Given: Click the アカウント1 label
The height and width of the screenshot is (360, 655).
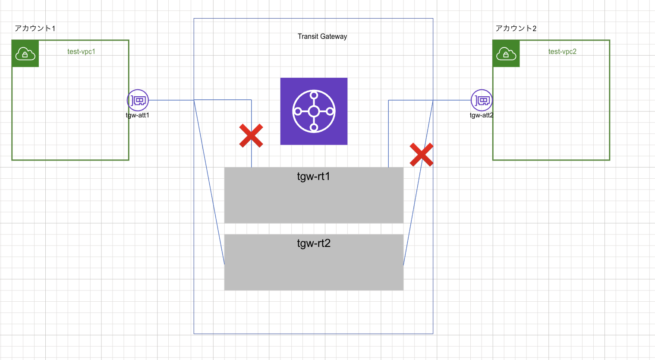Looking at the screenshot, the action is coord(35,28).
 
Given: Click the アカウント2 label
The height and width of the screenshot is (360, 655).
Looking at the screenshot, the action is coord(516,28).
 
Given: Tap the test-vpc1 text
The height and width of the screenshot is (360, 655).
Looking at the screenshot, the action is coord(81,51).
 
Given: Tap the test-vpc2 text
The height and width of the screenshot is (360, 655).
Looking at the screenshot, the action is coord(562,51).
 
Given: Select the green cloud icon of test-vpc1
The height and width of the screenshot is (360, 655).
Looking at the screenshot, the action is coord(25,54).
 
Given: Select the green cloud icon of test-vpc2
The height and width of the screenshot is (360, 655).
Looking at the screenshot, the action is coord(506,54).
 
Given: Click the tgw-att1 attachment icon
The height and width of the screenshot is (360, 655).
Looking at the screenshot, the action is coord(138,100).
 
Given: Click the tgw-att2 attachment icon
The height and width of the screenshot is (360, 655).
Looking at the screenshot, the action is coord(482,100).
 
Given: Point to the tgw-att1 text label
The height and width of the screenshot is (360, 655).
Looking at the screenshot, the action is coord(138,115).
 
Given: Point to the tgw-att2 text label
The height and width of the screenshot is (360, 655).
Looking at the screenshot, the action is coord(482,115).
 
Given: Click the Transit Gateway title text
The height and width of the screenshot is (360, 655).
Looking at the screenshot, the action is coord(322,37).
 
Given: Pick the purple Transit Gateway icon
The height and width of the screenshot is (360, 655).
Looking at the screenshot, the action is coord(314,111).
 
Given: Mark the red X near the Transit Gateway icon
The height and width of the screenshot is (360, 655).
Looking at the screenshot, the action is coord(251,136).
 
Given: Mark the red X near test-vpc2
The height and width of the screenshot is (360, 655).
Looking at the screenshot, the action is coord(422,155).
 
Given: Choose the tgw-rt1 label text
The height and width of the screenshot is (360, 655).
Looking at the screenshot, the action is coord(313,177).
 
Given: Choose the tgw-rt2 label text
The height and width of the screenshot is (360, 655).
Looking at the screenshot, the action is coord(314,243).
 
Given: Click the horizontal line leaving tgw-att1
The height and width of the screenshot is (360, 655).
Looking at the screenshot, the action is coord(171,100).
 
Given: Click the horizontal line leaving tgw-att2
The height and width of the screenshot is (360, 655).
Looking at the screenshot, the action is coord(452,100).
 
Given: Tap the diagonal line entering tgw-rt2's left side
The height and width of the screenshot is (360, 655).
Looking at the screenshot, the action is coord(209,182).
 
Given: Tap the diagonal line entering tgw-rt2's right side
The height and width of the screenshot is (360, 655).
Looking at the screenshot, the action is coord(418,183).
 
